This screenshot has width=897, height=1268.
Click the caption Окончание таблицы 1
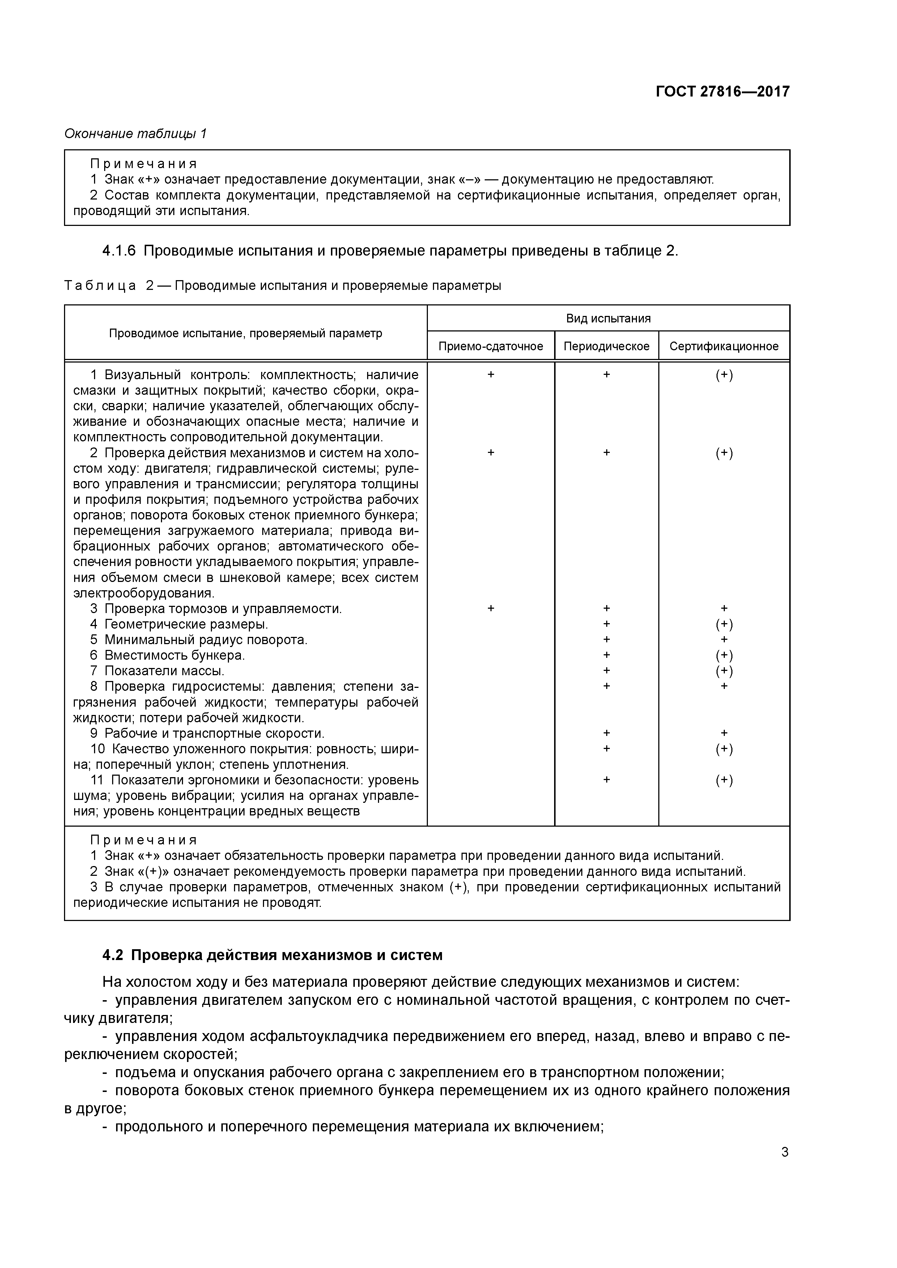[x=135, y=134]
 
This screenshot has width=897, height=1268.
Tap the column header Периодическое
[x=606, y=346]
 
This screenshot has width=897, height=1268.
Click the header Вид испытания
[x=608, y=319]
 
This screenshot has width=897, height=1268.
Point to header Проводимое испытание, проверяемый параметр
[x=245, y=333]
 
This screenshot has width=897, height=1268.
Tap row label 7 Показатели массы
[x=157, y=671]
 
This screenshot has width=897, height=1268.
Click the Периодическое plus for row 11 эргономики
[x=606, y=780]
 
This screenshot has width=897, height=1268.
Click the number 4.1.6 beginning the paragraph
[x=119, y=251]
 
